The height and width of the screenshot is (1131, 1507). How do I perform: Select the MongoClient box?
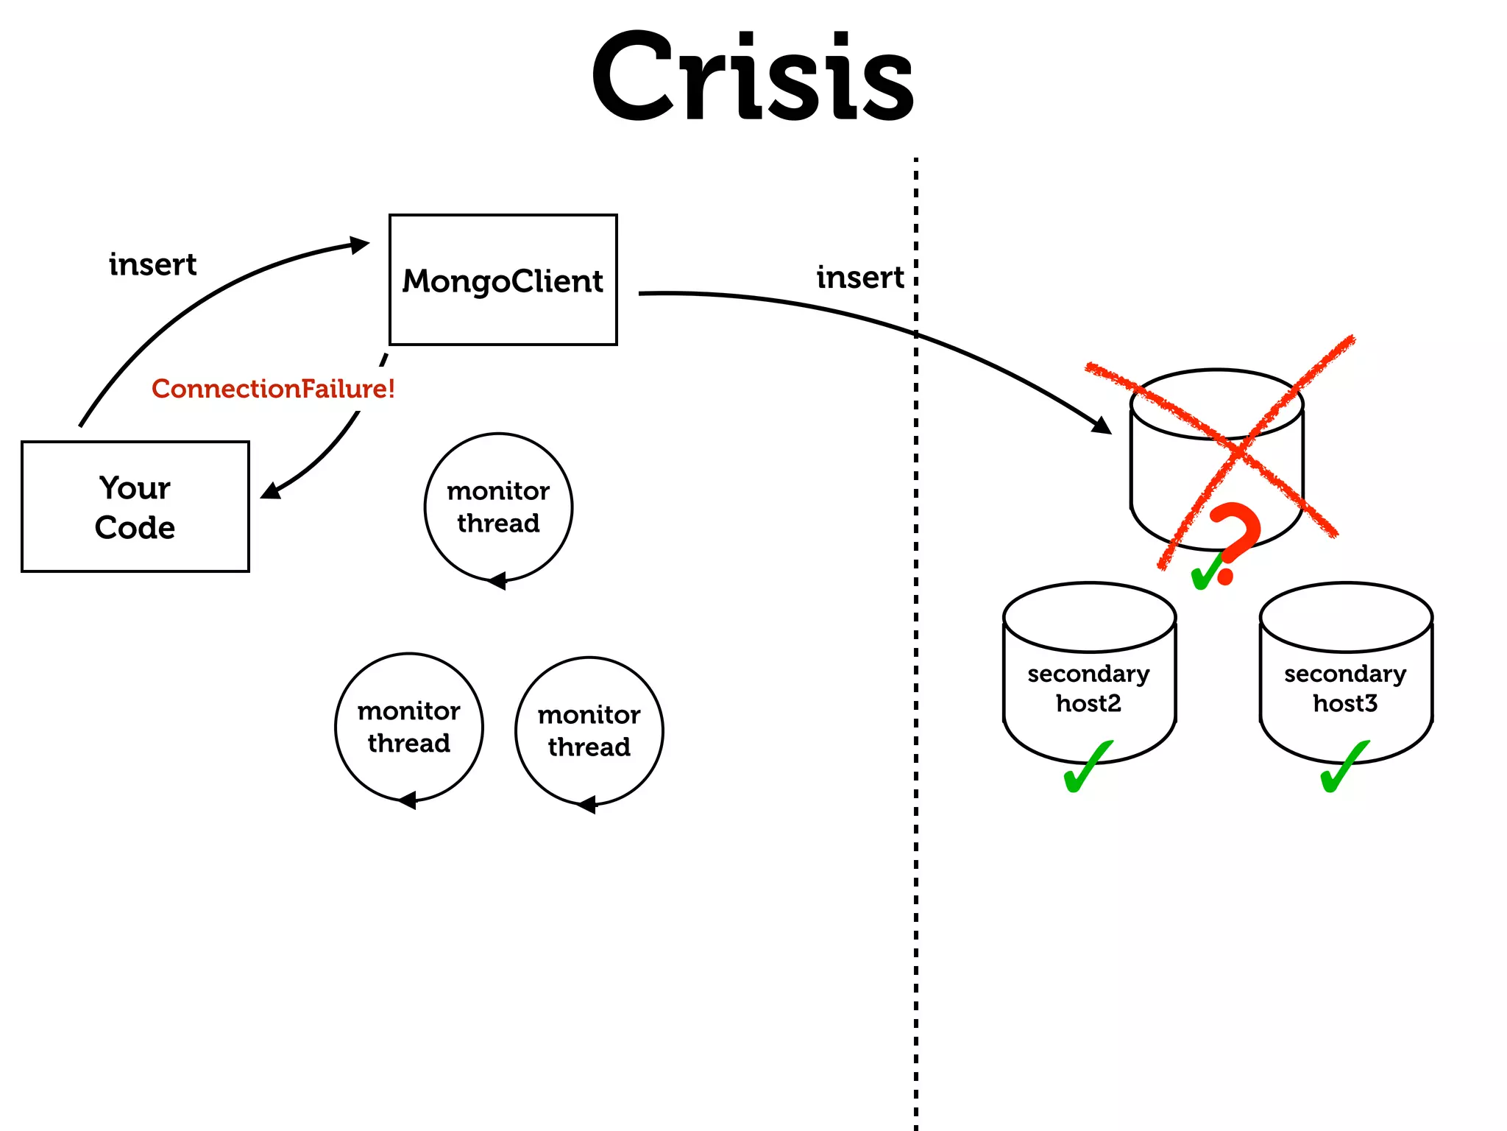click(503, 280)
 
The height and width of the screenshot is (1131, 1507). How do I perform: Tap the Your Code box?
click(135, 507)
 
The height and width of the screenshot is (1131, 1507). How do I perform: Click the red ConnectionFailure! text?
click(273, 389)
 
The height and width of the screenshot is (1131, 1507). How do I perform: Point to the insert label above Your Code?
click(152, 264)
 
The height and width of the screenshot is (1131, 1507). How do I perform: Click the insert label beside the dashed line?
click(859, 278)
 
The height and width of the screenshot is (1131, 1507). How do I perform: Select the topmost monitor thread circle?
click(498, 507)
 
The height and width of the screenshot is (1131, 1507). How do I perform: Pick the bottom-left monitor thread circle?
click(409, 727)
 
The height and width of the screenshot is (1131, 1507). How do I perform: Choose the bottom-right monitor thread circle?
click(589, 730)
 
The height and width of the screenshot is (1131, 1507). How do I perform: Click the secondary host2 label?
click(1088, 688)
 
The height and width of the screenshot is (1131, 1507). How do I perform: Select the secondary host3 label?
click(1345, 688)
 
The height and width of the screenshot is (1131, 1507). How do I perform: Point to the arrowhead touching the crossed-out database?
click(1102, 426)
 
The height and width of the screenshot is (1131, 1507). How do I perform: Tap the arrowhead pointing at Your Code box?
click(271, 490)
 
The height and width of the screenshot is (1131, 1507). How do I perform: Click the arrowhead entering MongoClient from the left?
click(360, 244)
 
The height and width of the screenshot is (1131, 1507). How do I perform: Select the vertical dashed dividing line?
click(916, 663)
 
